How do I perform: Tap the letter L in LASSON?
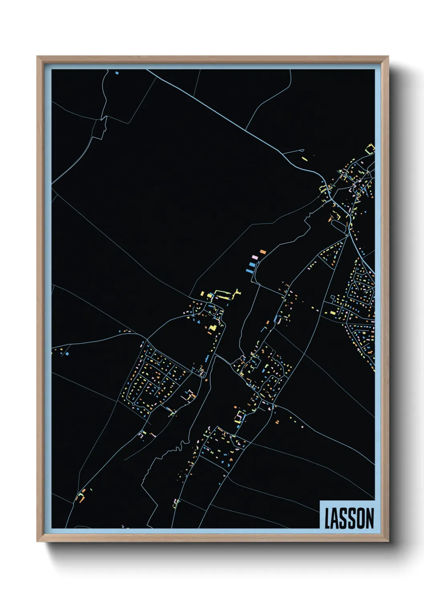click(327, 518)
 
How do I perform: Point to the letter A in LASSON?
click(335, 518)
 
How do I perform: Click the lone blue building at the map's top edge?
click(117, 73)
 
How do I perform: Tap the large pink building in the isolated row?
click(253, 257)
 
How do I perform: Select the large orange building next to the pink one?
click(263, 252)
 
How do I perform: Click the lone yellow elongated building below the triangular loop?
click(305, 159)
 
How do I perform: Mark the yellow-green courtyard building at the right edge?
click(370, 149)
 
